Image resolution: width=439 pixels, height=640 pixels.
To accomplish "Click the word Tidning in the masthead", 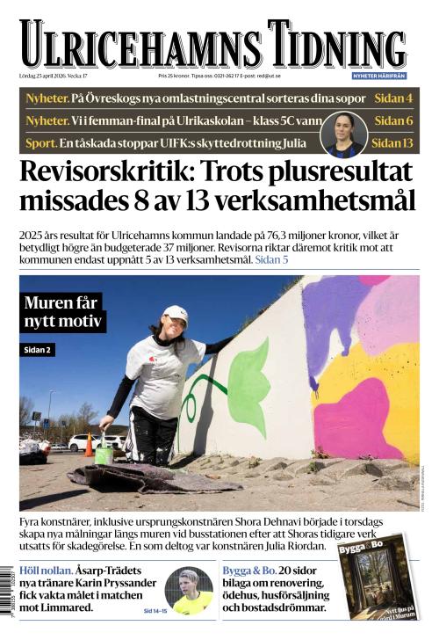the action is (x=338, y=43).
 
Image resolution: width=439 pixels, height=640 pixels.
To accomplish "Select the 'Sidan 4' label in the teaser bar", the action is (x=393, y=98).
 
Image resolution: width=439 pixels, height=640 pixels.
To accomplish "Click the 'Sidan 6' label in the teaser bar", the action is (x=393, y=120).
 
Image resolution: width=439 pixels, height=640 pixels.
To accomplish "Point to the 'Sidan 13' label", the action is (x=392, y=142).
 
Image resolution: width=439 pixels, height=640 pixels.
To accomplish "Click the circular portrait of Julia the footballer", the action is (x=343, y=131).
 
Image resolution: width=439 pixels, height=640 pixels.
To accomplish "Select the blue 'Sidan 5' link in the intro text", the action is (x=271, y=260).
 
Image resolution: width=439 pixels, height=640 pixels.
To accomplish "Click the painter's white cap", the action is (x=176, y=313).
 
